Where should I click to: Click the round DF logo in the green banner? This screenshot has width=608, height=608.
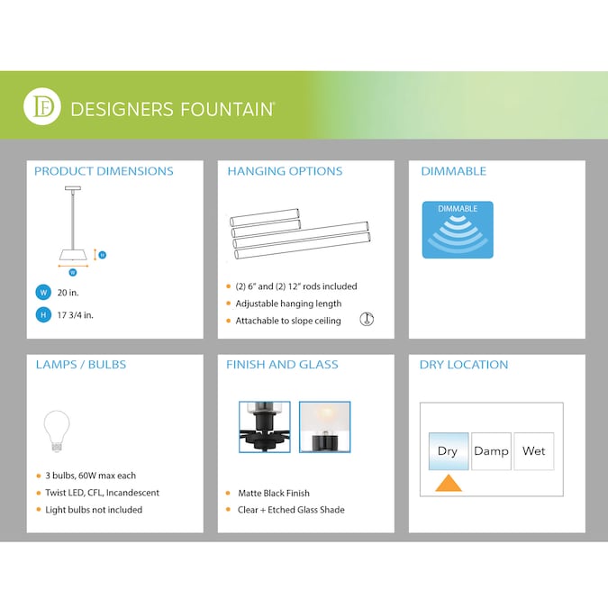pyautogui.click(x=42, y=108)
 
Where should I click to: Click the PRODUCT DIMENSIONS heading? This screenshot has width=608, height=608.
pyautogui.click(x=104, y=171)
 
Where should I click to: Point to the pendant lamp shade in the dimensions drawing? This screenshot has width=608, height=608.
pyautogui.click(x=73, y=253)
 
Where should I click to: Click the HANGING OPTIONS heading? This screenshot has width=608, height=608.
pyautogui.click(x=285, y=171)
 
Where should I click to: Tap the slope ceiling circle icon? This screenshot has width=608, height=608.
pyautogui.click(x=367, y=319)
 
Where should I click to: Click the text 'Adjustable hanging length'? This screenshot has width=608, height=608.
pyautogui.click(x=288, y=304)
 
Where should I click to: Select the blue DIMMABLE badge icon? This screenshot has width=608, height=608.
pyautogui.click(x=458, y=230)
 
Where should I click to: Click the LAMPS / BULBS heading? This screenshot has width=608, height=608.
pyautogui.click(x=80, y=365)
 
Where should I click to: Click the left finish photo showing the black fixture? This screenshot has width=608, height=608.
pyautogui.click(x=264, y=426)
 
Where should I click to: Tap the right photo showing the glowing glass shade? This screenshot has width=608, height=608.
pyautogui.click(x=324, y=426)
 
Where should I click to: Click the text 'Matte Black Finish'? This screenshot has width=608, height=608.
pyautogui.click(x=274, y=494)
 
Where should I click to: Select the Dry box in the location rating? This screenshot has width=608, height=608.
pyautogui.click(x=448, y=451)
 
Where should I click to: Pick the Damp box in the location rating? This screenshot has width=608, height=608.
pyautogui.click(x=491, y=451)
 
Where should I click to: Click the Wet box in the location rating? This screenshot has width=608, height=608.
pyautogui.click(x=533, y=451)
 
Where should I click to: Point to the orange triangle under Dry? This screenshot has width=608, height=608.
pyautogui.click(x=448, y=483)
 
